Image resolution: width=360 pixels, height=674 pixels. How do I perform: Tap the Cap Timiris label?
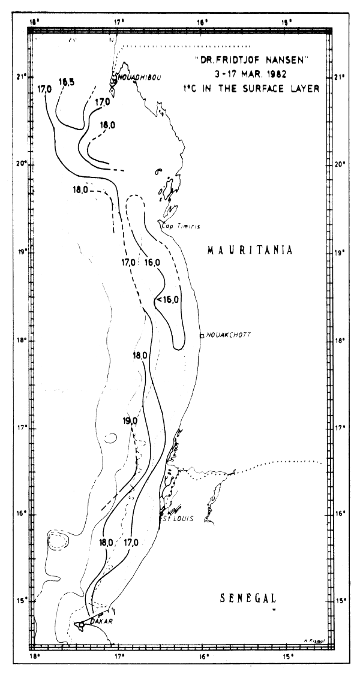click(x=181, y=225)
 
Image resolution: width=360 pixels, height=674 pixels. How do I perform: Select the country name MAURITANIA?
click(x=250, y=250)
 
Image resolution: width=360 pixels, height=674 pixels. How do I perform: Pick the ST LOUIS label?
click(x=179, y=519)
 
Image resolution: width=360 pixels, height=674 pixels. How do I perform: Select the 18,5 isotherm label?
click(x=67, y=82)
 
